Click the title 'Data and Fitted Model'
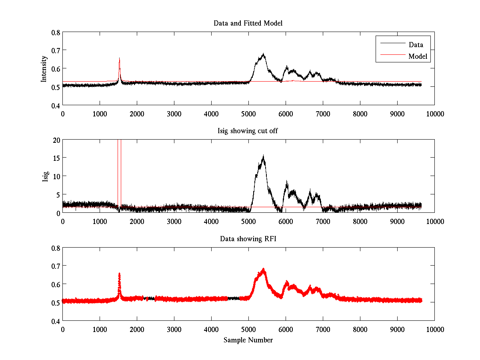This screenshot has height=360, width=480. click(248, 23)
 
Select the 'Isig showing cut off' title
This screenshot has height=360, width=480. click(248, 131)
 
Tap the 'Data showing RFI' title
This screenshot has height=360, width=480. click(248, 239)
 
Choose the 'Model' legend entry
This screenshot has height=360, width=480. click(418, 56)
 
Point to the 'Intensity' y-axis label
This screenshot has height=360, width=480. click(44, 68)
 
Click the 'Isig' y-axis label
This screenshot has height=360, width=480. click(45, 176)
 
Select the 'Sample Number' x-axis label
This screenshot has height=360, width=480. click(248, 340)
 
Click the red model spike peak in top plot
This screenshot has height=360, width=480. click(119, 58)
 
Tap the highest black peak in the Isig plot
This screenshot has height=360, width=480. click(263, 156)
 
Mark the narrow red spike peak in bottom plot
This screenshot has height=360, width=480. click(119, 274)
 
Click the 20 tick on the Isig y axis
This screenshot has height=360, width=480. click(56, 140)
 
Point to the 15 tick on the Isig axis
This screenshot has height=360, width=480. click(56, 158)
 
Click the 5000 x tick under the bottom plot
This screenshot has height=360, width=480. click(248, 329)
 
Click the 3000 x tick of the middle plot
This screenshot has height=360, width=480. click(174, 221)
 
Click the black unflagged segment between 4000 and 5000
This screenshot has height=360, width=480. click(234, 298)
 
